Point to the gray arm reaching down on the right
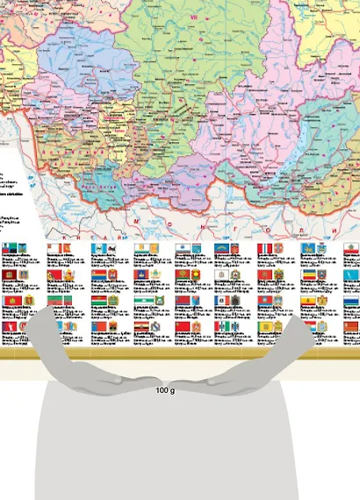click(x=290, y=338)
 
